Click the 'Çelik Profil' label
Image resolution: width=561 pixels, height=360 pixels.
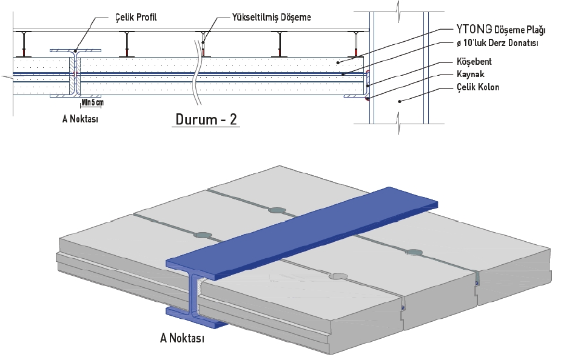pyautogui.click(x=136, y=18)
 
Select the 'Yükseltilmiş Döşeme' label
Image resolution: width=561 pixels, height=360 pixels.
pyautogui.click(x=272, y=18)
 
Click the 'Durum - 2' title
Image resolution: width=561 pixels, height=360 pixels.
pyautogui.click(x=207, y=119)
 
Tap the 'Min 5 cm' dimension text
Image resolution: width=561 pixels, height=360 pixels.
pyautogui.click(x=92, y=102)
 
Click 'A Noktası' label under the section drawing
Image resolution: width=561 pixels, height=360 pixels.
pyautogui.click(x=80, y=119)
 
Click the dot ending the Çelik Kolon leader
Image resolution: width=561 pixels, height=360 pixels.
pyautogui.click(x=399, y=102)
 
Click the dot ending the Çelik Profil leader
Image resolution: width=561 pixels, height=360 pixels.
pyautogui.click(x=75, y=51)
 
